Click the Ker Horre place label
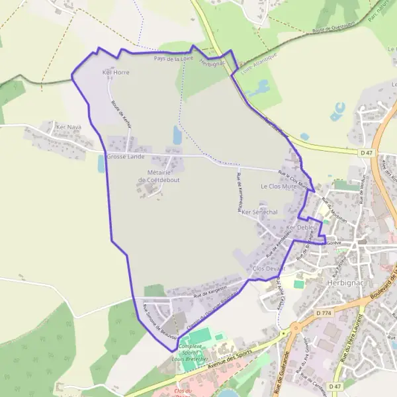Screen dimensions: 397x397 pos(116,72)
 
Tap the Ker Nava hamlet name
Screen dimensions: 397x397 pos(68,126)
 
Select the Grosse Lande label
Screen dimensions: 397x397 pos(125,157)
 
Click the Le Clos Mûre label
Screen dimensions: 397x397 pos(279,187)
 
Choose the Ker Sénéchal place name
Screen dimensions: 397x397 pos(259,212)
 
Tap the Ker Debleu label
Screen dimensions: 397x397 pos(302,228)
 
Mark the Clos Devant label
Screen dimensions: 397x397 pos(269,268)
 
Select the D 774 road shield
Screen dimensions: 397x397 pos(324,312)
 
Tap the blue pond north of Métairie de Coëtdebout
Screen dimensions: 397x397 pos(177,135)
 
